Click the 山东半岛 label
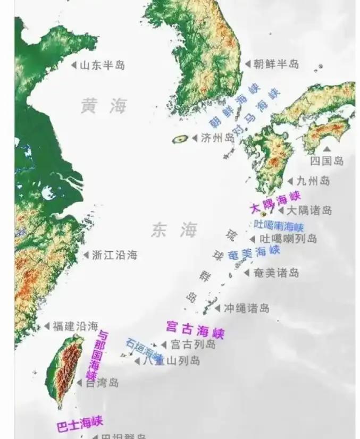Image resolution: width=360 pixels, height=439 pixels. (103, 65)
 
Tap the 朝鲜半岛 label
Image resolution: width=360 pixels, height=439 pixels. (275, 64)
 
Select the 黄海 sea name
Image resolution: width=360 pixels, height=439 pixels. (104, 106)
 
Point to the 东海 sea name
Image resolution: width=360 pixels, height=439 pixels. (174, 230)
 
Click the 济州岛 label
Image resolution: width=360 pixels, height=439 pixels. (217, 138)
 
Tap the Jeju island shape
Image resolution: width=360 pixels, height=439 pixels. (180, 139)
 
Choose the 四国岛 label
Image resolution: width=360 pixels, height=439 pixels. (327, 161)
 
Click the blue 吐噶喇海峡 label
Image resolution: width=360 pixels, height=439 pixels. (279, 225)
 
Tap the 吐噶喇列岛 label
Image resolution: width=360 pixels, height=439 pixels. (288, 239)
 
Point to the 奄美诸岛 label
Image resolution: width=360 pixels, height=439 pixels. (276, 273)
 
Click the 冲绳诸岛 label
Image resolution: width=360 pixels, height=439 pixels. (246, 308)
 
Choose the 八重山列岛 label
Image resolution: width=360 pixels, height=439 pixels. (171, 361)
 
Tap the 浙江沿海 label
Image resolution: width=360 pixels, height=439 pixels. (114, 255)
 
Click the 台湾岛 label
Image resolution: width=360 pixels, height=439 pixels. (102, 383)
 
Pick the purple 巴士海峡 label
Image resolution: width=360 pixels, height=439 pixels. (79, 424)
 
